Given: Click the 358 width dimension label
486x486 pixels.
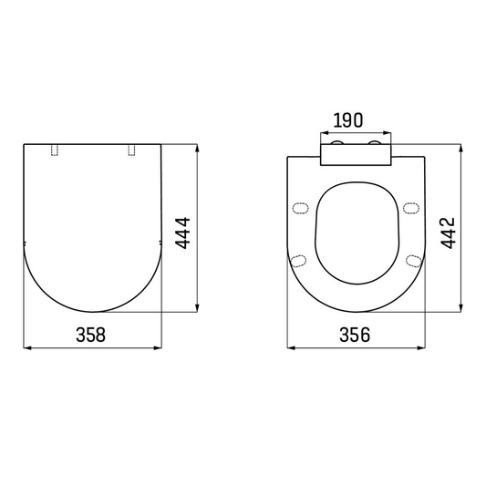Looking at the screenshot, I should point(90,334).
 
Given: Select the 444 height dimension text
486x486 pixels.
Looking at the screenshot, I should point(182,233).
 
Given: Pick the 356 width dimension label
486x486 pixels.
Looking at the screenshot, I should point(355,334).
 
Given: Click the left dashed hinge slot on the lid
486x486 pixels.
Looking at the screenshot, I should point(57,150).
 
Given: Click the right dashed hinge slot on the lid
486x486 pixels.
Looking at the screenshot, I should point(130,150).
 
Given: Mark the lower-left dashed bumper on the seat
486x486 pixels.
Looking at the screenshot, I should point(297,261).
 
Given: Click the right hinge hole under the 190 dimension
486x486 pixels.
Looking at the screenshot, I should point(375,145).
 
